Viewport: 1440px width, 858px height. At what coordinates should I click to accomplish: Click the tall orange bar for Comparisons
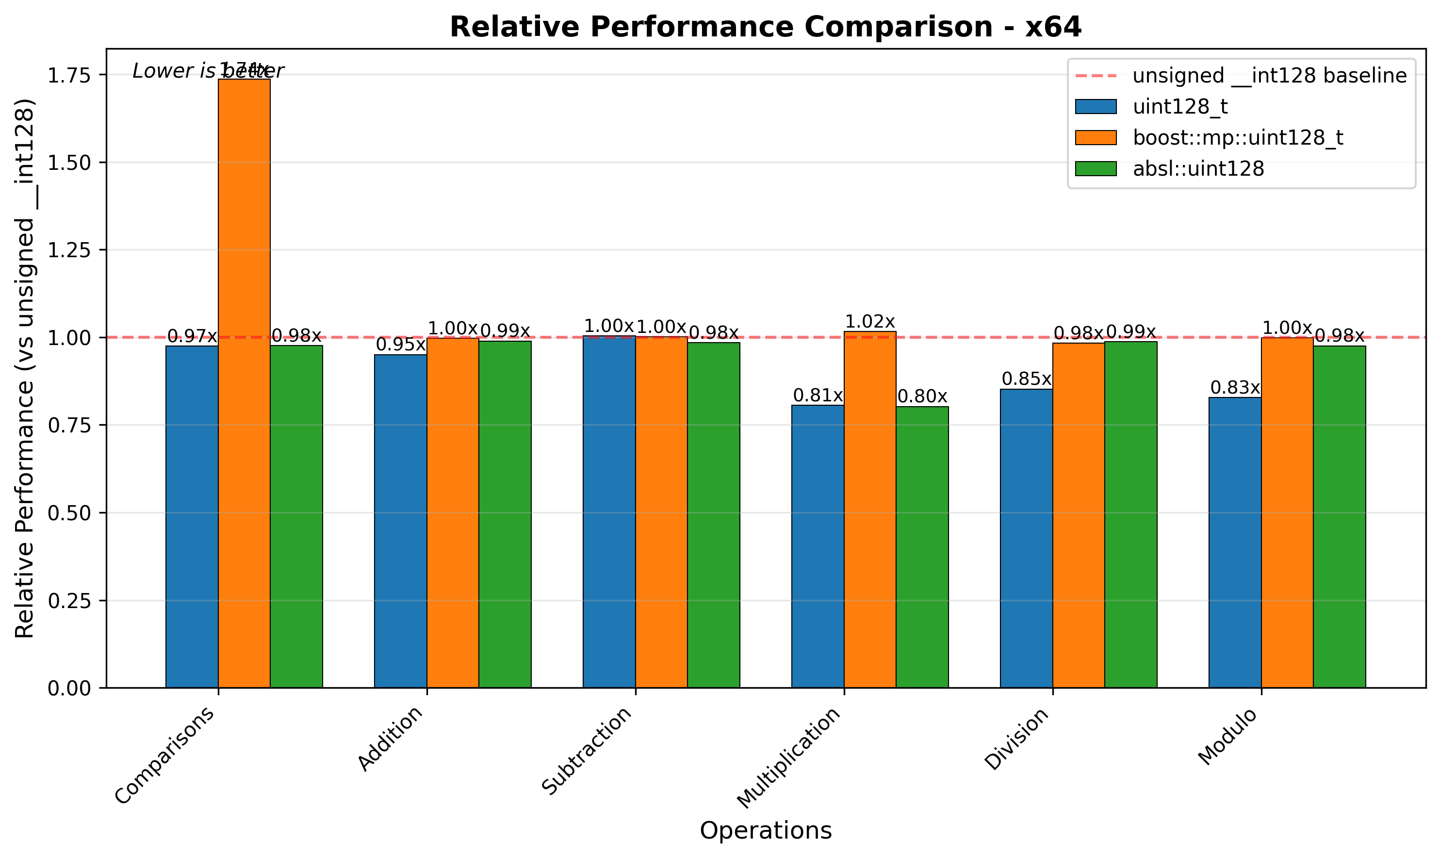pos(244,381)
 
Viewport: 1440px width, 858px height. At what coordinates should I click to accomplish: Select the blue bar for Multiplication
pos(817,546)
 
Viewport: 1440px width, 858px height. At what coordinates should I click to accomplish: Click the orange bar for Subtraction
pos(661,511)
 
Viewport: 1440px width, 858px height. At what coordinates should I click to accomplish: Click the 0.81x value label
pos(817,396)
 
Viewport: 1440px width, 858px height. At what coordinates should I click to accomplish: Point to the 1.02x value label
pos(869,322)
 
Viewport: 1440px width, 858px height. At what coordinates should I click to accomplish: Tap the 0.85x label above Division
pos(1026,379)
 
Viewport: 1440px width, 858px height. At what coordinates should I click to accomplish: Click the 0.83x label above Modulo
pos(1235,388)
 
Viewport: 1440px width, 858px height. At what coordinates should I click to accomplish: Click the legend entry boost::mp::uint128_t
pos(1237,138)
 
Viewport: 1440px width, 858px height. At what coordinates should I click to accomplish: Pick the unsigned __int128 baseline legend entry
pos(1268,76)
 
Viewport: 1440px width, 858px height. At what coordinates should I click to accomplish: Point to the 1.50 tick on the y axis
pos(69,163)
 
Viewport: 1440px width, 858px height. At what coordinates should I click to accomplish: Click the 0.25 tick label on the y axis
pos(69,601)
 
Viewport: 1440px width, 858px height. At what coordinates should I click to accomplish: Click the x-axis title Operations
pos(765,831)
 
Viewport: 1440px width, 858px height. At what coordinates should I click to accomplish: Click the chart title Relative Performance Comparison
pos(765,27)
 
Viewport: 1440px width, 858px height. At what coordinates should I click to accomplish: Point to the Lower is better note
pos(208,71)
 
